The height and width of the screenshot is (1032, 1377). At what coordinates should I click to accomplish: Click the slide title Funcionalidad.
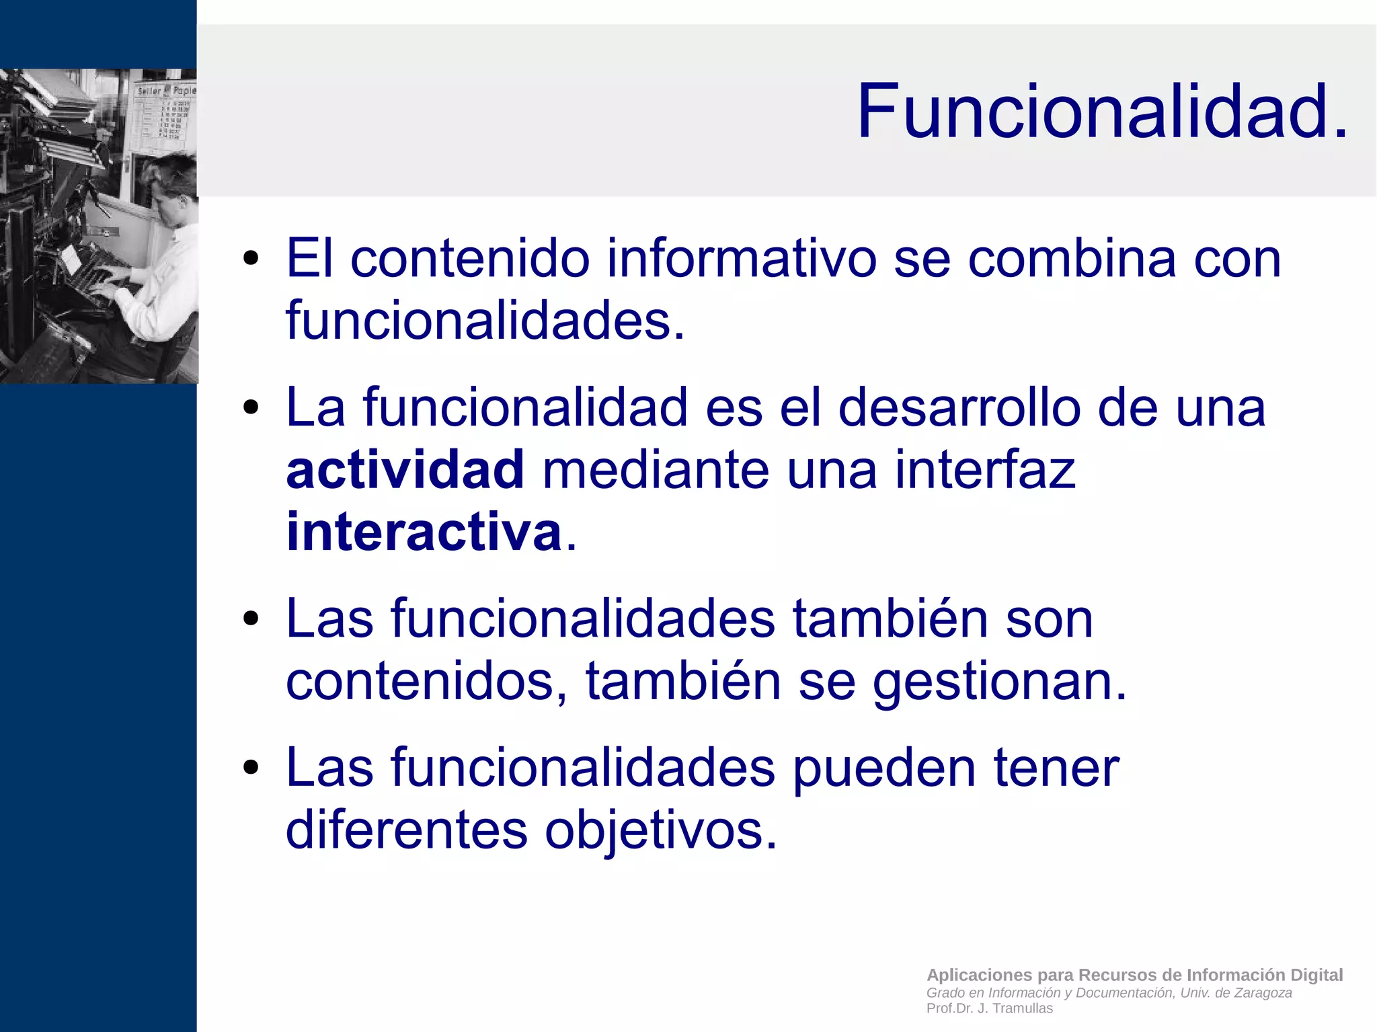coord(1102,111)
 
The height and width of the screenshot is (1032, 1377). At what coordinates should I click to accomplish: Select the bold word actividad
coord(405,470)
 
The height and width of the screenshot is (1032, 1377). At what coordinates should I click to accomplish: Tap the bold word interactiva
coord(424,532)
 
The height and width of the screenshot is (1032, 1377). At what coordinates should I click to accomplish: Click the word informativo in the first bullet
coord(742,259)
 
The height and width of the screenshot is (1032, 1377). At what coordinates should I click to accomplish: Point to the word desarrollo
coord(959,408)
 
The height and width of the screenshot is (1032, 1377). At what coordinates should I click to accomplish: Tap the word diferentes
coord(406,830)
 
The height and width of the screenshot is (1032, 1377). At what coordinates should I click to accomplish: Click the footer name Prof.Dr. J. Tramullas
coord(989,1008)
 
